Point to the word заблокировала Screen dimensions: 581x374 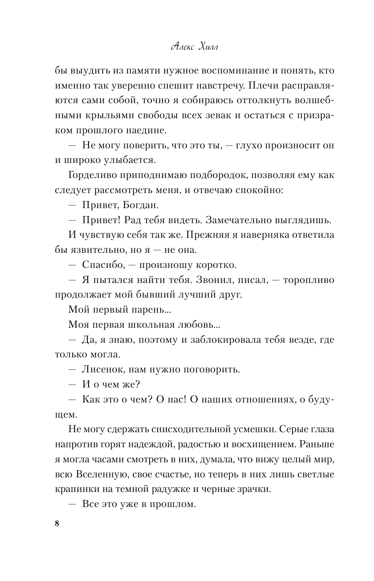[x=222, y=340]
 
